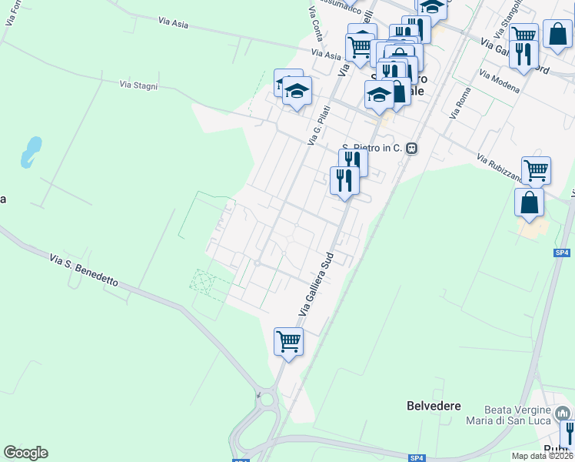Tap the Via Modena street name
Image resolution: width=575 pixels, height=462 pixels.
(499, 82)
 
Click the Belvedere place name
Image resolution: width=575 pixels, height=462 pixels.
(434, 405)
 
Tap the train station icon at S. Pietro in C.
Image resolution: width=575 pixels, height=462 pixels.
(413, 149)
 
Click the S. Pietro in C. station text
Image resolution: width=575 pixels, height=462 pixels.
(372, 148)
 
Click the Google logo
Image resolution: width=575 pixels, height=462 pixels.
(25, 453)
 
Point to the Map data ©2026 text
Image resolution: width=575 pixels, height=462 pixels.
(542, 456)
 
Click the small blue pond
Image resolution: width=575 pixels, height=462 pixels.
(31, 151)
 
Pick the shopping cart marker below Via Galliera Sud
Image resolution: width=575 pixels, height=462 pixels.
(288, 340)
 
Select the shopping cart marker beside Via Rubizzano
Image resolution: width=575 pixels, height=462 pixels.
(536, 170)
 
